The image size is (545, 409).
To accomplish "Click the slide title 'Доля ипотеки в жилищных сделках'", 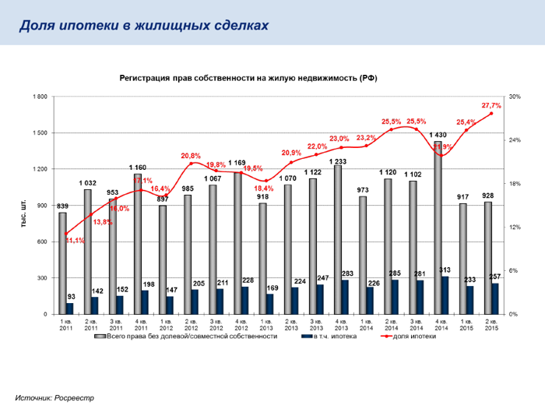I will click(x=144, y=25).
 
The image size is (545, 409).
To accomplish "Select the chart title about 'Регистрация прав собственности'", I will click(x=248, y=79).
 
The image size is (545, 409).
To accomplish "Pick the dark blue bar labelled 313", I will click(x=445, y=295).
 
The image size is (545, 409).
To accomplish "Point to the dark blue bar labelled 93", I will click(x=70, y=309).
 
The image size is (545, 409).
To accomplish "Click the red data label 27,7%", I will click(x=491, y=105).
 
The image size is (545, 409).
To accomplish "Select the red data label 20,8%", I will click(x=191, y=156).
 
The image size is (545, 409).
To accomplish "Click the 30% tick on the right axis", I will click(x=515, y=97).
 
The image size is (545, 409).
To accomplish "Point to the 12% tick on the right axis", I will click(x=515, y=227).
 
